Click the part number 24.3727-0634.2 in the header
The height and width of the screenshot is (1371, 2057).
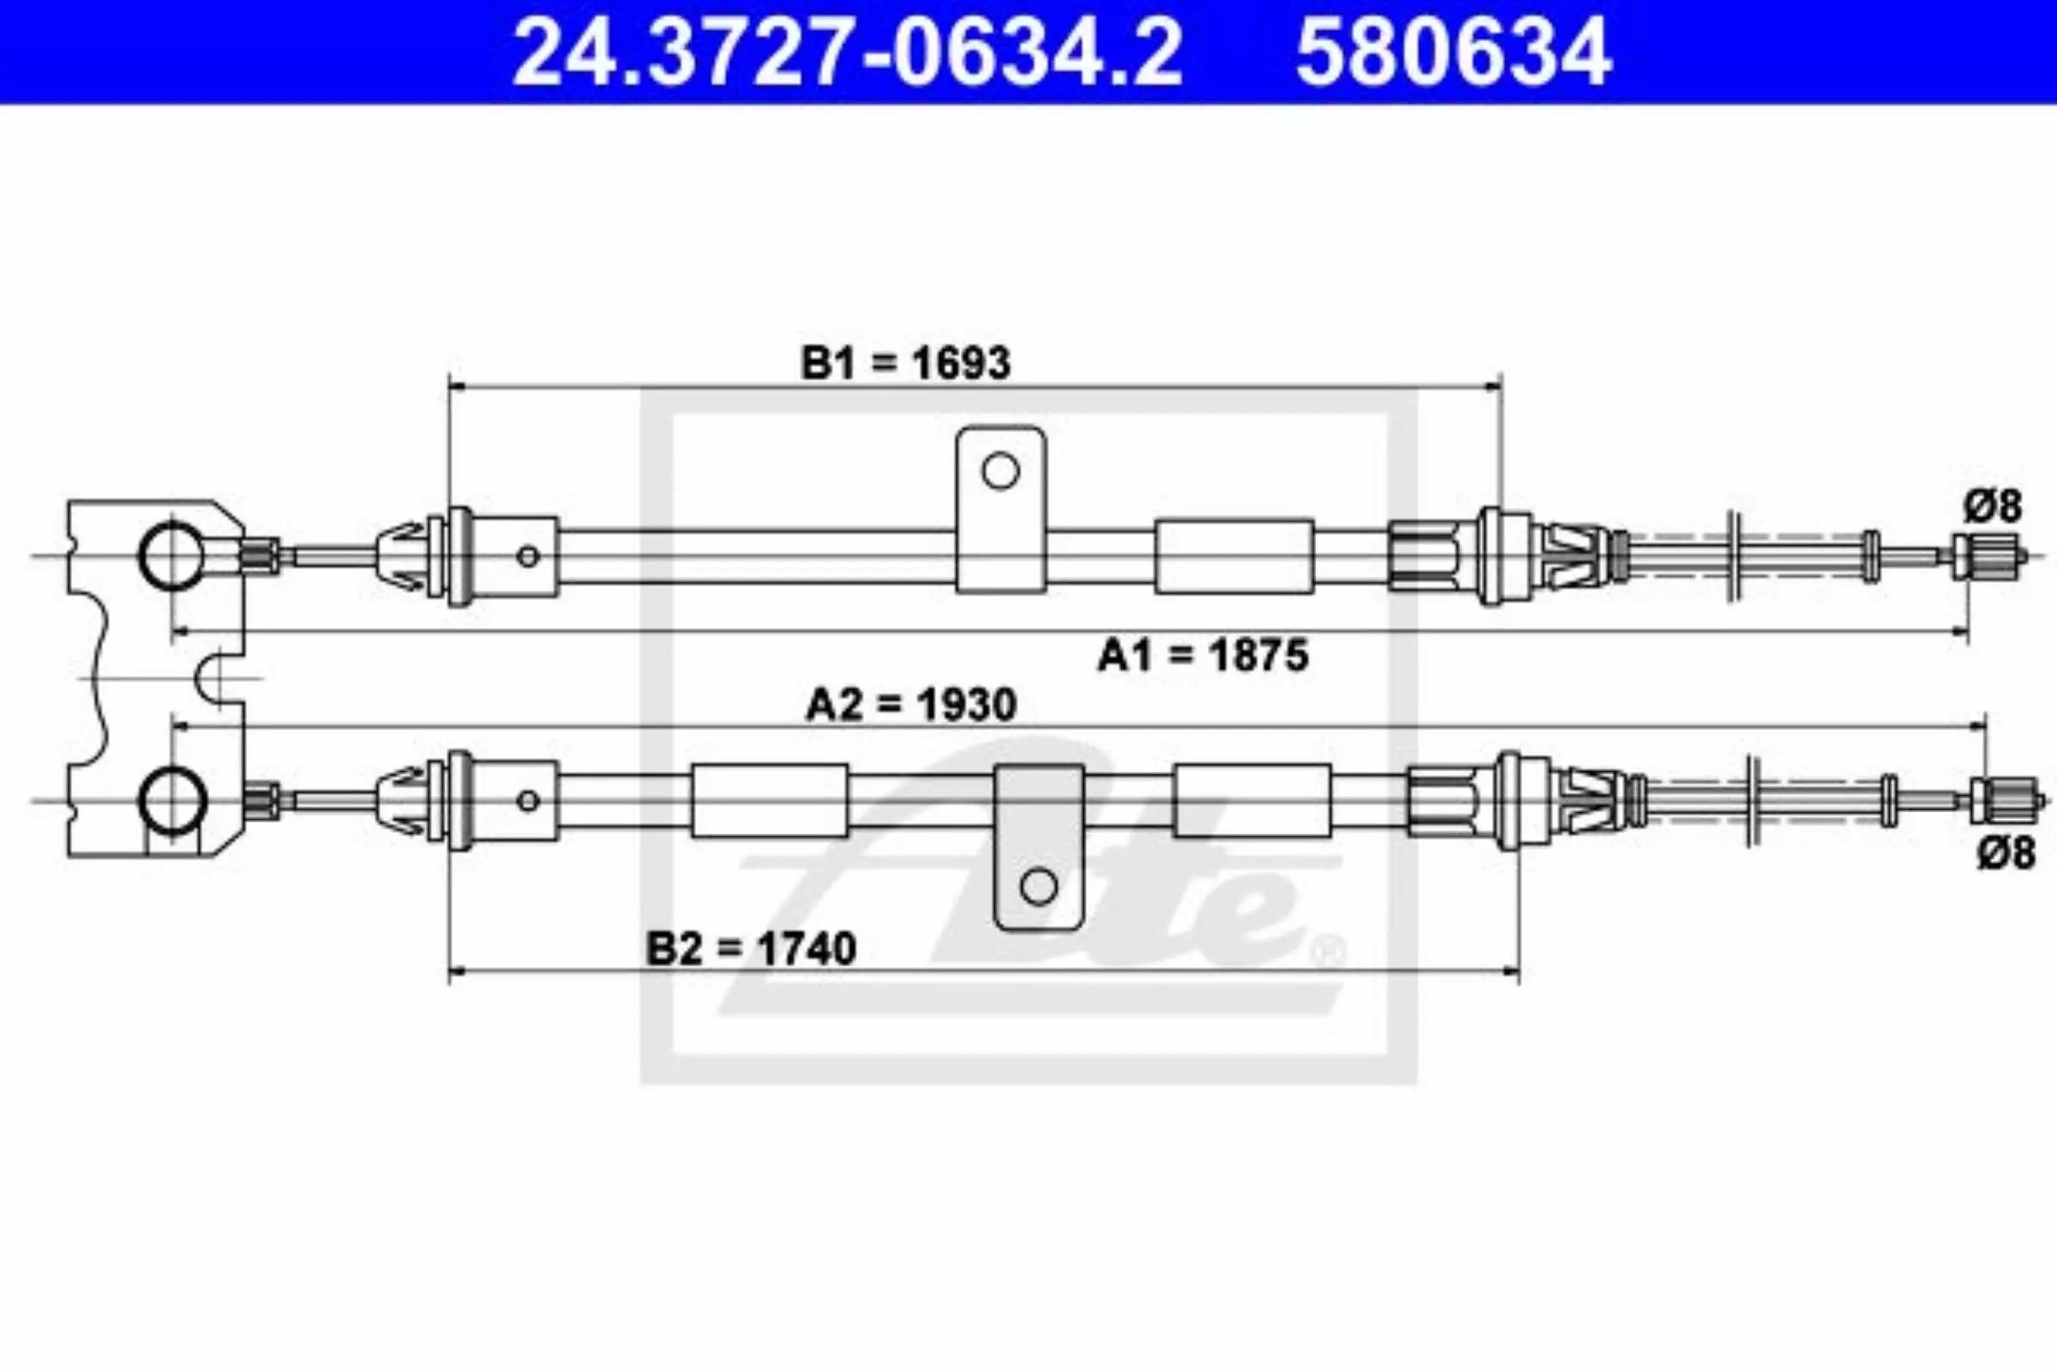click(847, 52)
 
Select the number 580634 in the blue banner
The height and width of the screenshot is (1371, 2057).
click(1454, 52)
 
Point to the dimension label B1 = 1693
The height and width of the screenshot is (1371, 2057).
click(906, 362)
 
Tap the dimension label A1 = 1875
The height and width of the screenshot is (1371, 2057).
click(1204, 655)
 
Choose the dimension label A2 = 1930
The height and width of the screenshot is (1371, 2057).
click(911, 704)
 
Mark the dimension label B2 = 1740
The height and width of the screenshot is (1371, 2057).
click(751, 949)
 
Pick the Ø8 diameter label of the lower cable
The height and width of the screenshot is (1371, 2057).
click(2007, 852)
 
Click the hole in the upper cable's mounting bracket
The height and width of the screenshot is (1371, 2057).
click(1000, 471)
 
